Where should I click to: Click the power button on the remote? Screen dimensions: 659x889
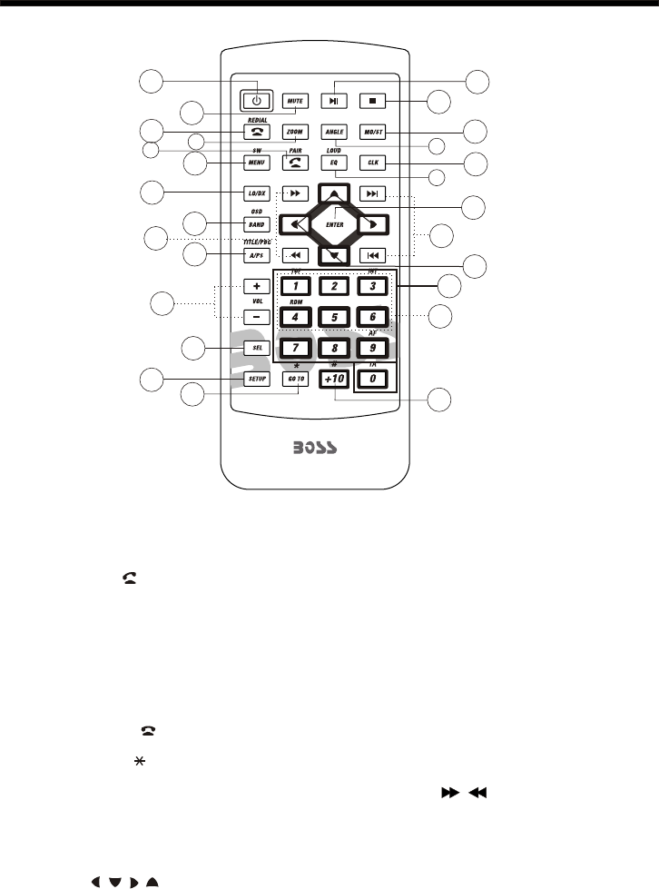pyautogui.click(x=257, y=100)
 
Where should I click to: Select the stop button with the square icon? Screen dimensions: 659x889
pyautogui.click(x=372, y=100)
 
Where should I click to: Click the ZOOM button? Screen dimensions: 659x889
pyautogui.click(x=295, y=131)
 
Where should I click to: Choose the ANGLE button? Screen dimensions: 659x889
pyautogui.click(x=334, y=131)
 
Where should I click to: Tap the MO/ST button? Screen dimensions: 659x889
pyautogui.click(x=372, y=131)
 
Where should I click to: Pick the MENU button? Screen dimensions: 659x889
pyautogui.click(x=257, y=163)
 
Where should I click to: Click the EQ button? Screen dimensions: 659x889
pyautogui.click(x=334, y=163)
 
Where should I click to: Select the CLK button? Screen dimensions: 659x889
pyautogui.click(x=372, y=163)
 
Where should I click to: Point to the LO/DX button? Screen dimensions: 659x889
pyautogui.click(x=257, y=193)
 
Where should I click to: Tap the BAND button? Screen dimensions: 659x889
pyautogui.click(x=257, y=224)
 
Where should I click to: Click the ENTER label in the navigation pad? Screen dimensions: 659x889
pyautogui.click(x=334, y=222)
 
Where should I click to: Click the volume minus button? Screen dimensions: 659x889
pyautogui.click(x=257, y=317)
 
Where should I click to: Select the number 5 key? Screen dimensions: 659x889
pyautogui.click(x=334, y=318)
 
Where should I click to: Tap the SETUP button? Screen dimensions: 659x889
pyautogui.click(x=257, y=379)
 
